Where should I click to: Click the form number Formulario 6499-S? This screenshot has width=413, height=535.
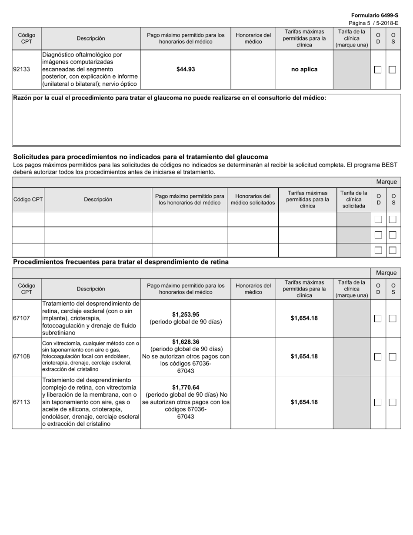click(374, 15)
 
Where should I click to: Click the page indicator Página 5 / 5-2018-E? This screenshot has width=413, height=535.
click(373, 23)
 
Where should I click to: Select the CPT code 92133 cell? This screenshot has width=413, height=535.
click(22, 69)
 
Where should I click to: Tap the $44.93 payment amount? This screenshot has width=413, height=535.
click(186, 69)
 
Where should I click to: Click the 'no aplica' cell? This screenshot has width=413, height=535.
click(304, 69)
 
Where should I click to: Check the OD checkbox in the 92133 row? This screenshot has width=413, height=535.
click(378, 70)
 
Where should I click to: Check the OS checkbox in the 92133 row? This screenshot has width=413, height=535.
click(393, 70)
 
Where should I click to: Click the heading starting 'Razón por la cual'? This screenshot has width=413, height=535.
click(170, 98)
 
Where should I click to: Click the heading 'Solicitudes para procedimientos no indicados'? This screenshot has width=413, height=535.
click(140, 157)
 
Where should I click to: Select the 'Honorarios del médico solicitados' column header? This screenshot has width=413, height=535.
click(253, 200)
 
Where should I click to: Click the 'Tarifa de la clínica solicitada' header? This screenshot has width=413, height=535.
click(354, 200)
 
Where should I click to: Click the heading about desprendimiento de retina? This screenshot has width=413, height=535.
click(121, 262)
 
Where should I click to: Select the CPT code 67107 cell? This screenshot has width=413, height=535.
click(22, 318)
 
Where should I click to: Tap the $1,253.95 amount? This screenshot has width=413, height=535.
click(186, 314)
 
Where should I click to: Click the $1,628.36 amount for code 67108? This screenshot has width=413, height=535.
click(186, 342)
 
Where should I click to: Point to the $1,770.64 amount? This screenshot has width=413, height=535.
click(186, 388)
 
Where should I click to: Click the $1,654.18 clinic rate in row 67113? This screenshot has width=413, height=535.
click(304, 402)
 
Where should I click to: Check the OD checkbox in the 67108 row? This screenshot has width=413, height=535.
click(378, 357)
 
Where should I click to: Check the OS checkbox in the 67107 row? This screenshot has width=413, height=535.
click(393, 318)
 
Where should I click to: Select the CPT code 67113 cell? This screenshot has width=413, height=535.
click(22, 402)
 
